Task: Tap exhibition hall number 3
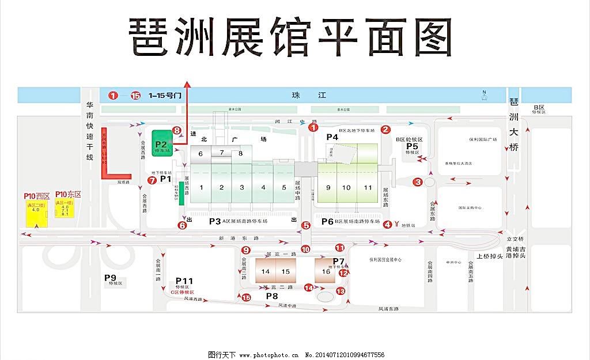coord(242,187)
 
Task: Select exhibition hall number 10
coord(346,187)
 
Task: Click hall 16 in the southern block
coord(326,271)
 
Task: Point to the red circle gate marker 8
coord(177,131)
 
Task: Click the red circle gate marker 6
coord(182,225)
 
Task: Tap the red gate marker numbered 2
coord(386,130)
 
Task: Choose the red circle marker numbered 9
coord(246,250)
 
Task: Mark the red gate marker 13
coord(341,291)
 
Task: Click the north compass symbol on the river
coord(485,95)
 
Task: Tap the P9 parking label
coord(110,278)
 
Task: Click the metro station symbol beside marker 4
coord(396,224)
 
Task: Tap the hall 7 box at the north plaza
coord(222,153)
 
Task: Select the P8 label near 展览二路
coord(272,295)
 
